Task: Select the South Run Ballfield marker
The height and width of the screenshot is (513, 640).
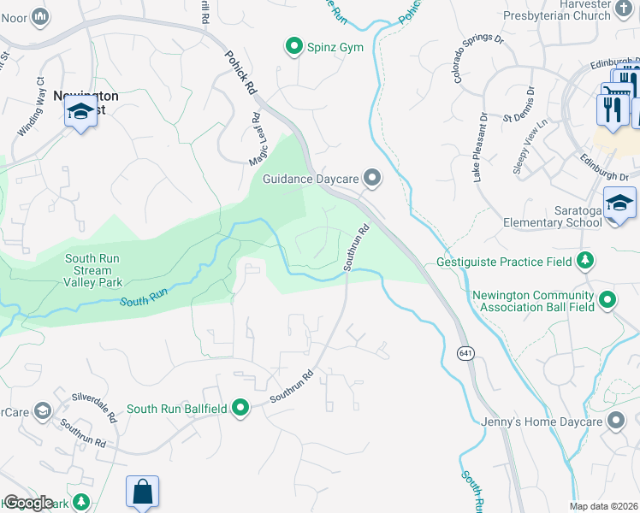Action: click(241, 408)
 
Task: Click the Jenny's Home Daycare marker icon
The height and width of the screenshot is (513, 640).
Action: click(616, 420)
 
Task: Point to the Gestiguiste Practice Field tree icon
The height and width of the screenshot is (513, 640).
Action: click(585, 259)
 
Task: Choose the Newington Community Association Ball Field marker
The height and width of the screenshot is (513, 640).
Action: click(607, 299)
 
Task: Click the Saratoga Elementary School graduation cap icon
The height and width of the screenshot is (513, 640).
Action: click(619, 203)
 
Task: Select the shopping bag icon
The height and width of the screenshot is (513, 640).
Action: click(142, 492)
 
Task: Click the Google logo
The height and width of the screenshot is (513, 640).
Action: click(28, 503)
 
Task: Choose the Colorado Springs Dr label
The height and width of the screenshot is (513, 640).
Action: click(478, 56)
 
